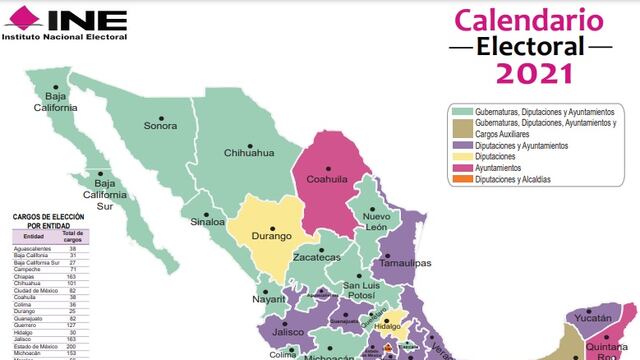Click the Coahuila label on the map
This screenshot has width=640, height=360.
[325, 182]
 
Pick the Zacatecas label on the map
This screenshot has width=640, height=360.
[316, 257]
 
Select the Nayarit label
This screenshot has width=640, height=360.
[269, 298]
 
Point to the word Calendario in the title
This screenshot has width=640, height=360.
[529, 19]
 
